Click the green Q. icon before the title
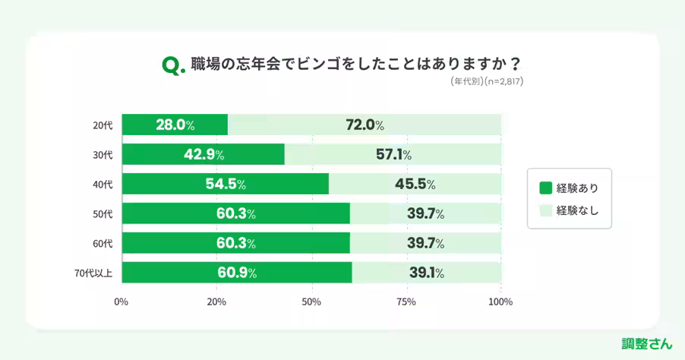pyautogui.click(x=173, y=66)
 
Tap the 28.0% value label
pyautogui.click(x=175, y=125)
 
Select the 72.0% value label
pyautogui.click(x=365, y=125)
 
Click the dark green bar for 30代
pyautogui.click(x=203, y=154)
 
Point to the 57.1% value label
pyautogui.click(x=393, y=154)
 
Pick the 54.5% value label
pyautogui.click(x=225, y=184)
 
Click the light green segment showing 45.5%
pyautogui.click(x=415, y=184)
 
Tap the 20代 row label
pyautogui.click(x=103, y=125)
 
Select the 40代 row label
pyautogui.click(x=103, y=185)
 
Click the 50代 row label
pyautogui.click(x=103, y=214)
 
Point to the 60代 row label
pyautogui.click(x=103, y=244)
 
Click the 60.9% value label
pyautogui.click(x=236, y=273)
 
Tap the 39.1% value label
pyautogui.click(x=426, y=273)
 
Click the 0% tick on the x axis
pyautogui.click(x=121, y=302)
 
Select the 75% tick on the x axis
pyautogui.click(x=406, y=302)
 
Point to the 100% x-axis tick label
pyautogui.click(x=500, y=302)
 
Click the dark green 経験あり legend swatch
pyautogui.click(x=545, y=188)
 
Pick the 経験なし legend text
pyautogui.click(x=577, y=210)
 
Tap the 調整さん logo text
pyautogui.click(x=646, y=343)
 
